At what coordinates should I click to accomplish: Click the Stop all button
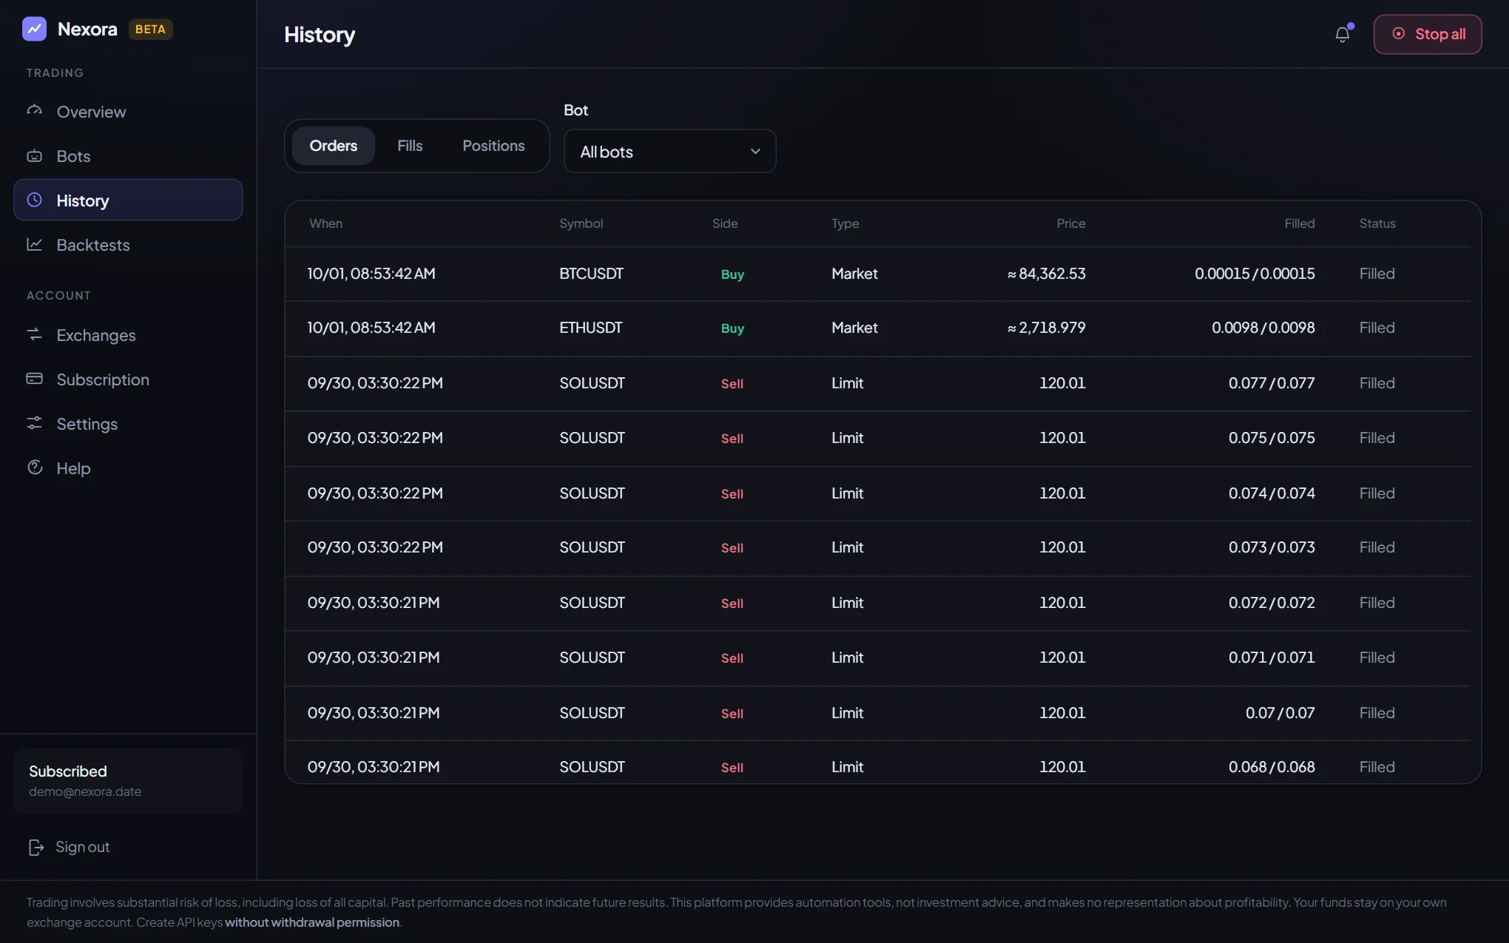[1428, 34]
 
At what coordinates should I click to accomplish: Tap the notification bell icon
[1343, 34]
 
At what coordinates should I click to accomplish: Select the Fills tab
[410, 146]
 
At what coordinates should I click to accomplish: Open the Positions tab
[493, 146]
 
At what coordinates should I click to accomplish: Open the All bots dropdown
[669, 152]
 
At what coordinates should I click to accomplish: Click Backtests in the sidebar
[92, 245]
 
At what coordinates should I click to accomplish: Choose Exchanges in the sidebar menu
[96, 335]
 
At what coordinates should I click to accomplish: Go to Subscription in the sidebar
[103, 379]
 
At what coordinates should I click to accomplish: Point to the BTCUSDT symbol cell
[591, 274]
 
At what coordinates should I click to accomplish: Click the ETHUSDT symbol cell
[590, 328]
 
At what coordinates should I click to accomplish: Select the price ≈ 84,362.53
[1046, 274]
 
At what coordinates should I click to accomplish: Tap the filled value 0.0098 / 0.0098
[1263, 328]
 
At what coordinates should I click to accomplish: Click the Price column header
[1070, 223]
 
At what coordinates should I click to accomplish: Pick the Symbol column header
[581, 223]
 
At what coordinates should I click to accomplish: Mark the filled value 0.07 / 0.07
[1280, 713]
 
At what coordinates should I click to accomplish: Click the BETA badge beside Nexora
[150, 30]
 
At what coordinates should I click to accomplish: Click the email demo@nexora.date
[85, 791]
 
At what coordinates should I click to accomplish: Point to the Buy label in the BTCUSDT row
[732, 274]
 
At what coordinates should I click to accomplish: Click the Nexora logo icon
[34, 29]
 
